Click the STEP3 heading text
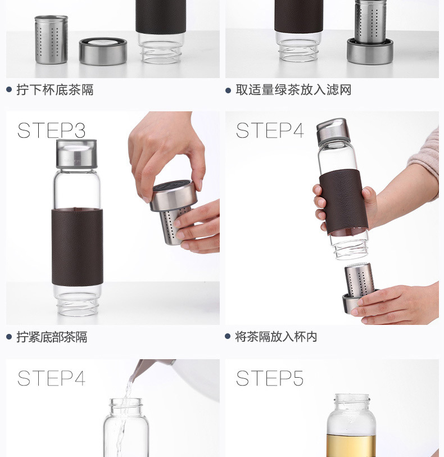(51, 130)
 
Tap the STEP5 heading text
(270, 378)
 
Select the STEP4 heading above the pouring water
(51, 378)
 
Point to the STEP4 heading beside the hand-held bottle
(270, 130)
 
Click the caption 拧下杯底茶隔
(55, 89)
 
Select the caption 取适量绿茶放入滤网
(293, 89)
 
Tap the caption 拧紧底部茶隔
(52, 337)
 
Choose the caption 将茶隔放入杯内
(276, 337)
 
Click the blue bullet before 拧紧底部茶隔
(9, 337)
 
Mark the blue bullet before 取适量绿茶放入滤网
(228, 91)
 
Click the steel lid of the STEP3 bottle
(76, 153)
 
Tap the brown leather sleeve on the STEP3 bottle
(77, 247)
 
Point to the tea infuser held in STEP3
(173, 211)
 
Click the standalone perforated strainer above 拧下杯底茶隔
(51, 40)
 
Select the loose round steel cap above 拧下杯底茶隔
(103, 51)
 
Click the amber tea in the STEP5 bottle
(351, 446)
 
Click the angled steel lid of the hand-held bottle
(333, 130)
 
